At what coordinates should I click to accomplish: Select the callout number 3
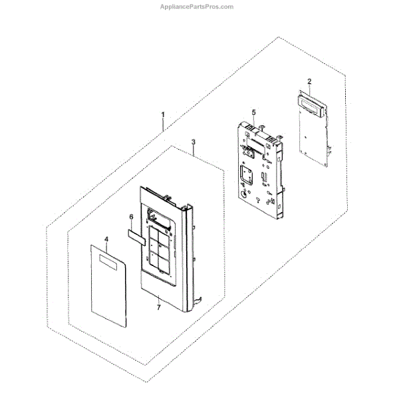coord(192,142)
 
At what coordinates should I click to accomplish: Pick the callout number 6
coord(131,217)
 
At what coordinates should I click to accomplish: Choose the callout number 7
coord(158,308)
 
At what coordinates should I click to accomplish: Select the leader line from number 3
coord(193,151)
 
